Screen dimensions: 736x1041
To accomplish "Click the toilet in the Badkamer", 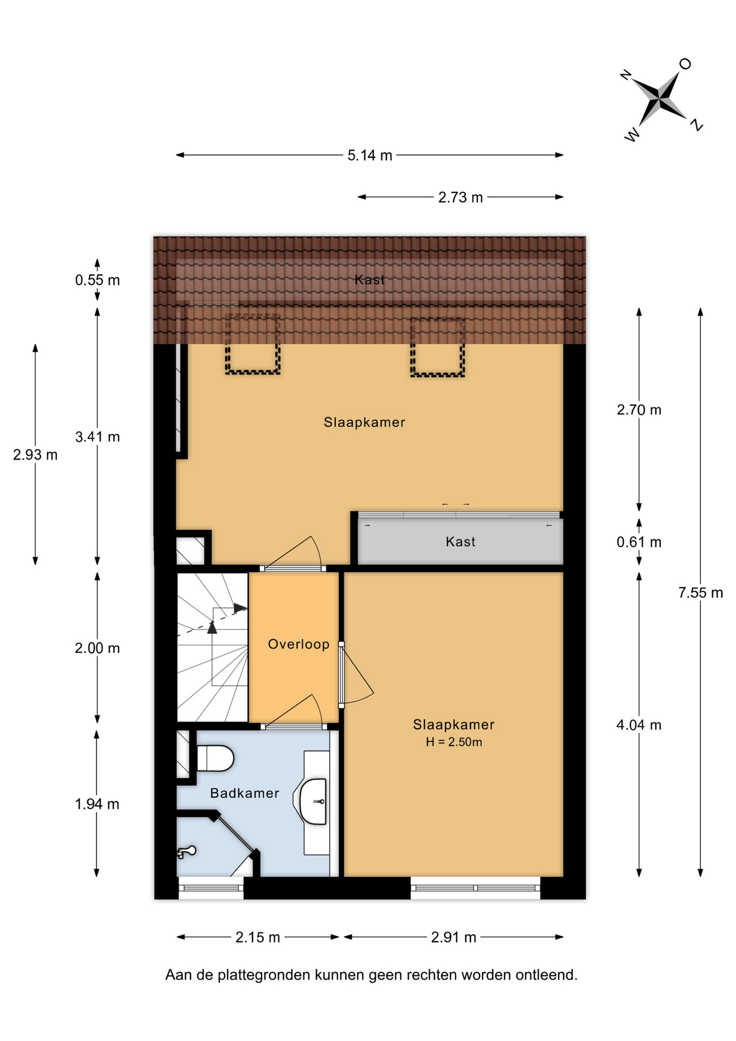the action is [x=215, y=758].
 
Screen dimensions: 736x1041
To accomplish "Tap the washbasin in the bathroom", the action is [x=313, y=801].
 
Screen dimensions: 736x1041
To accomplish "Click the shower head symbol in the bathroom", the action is [x=186, y=852].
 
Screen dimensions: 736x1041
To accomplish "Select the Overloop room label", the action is [x=299, y=644].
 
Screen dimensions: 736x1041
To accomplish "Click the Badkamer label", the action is [x=244, y=793].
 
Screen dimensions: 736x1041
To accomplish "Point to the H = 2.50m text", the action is [x=454, y=742].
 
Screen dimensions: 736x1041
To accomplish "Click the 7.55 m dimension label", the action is [x=700, y=593].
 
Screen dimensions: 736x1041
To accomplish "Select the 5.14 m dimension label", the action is [x=370, y=156].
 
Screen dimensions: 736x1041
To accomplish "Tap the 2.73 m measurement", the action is [x=460, y=197].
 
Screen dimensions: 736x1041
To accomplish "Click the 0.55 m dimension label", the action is [x=98, y=280].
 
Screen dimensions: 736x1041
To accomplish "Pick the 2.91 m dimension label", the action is [x=454, y=937].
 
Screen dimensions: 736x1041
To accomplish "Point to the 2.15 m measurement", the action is [x=257, y=937].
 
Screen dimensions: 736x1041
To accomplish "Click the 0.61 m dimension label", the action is [x=639, y=542].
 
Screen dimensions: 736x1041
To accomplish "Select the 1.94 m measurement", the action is [x=97, y=804].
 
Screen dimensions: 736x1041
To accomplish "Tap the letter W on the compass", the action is [x=632, y=134].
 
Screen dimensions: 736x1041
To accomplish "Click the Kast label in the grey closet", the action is [x=460, y=542].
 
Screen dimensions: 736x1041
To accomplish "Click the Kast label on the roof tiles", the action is [x=370, y=280].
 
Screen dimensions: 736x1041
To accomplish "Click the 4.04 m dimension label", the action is [x=639, y=725].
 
